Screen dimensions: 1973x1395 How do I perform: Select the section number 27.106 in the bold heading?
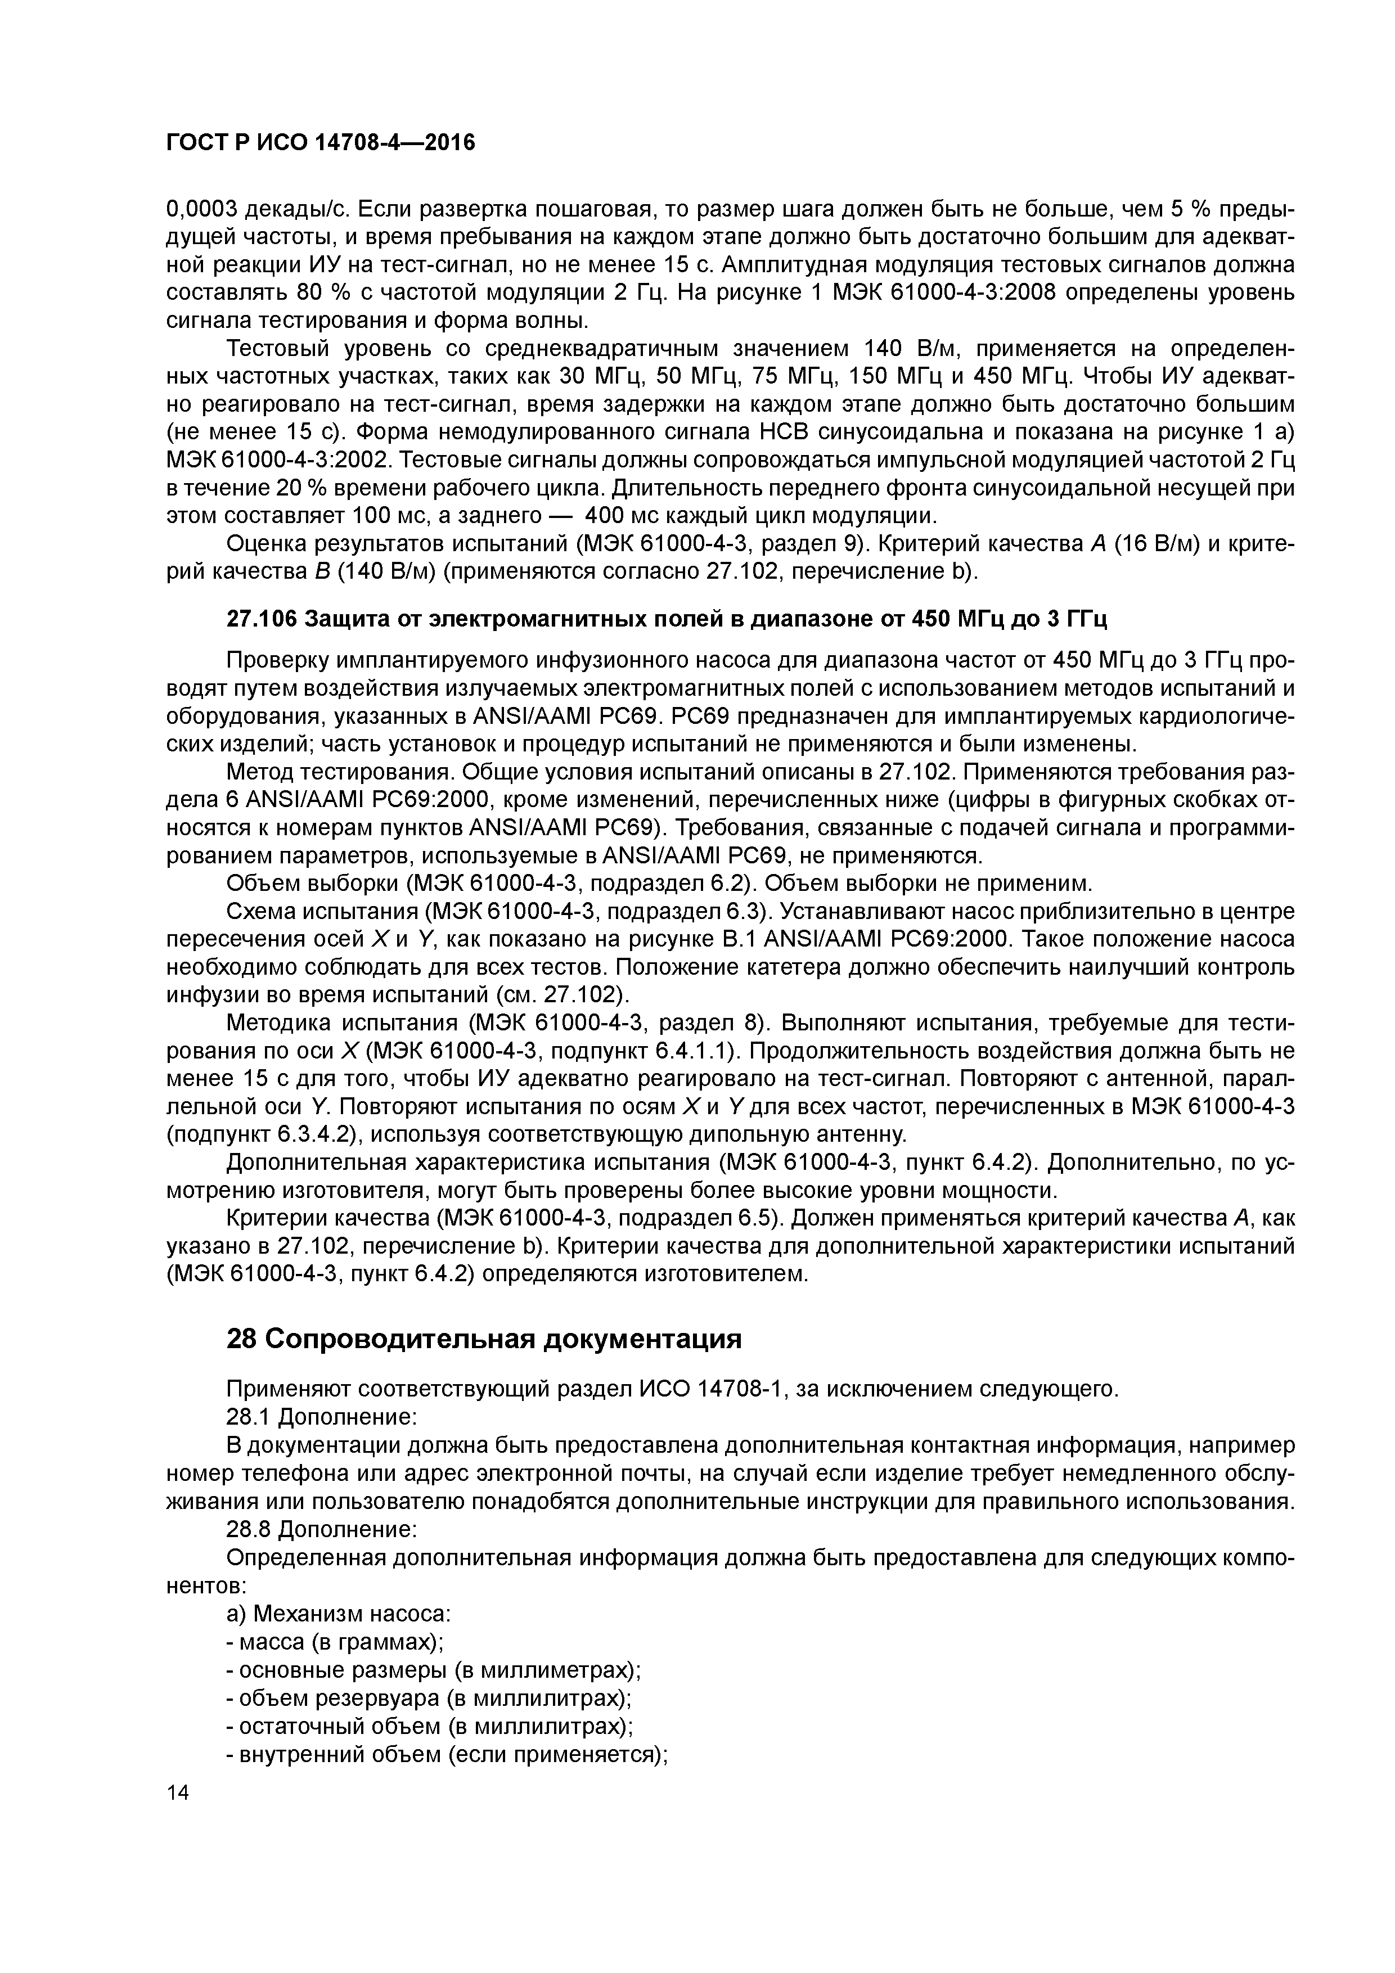[x=262, y=619]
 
